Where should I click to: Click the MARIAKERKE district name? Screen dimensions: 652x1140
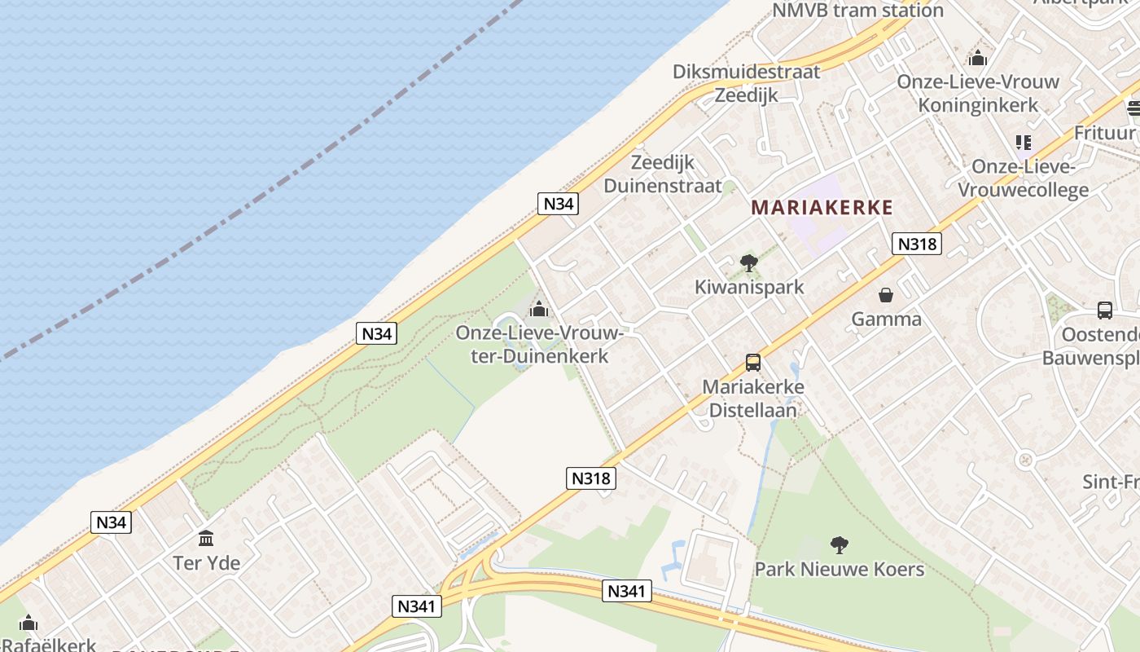pos(822,208)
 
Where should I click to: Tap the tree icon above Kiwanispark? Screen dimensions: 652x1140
pos(748,263)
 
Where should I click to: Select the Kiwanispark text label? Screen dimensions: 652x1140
pos(748,287)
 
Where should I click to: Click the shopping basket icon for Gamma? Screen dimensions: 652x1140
pos(885,295)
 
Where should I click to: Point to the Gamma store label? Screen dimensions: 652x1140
pos(886,319)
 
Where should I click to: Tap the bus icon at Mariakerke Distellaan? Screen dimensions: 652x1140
pos(753,363)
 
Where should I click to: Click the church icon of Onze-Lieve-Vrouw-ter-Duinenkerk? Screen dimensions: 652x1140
pos(538,310)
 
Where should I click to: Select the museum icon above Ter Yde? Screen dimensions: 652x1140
pos(206,539)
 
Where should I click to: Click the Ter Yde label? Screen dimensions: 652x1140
pos(206,562)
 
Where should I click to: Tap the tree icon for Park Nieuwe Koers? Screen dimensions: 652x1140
pos(839,545)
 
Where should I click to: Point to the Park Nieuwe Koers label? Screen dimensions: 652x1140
pos(839,569)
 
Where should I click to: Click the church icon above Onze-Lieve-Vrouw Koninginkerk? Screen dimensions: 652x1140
pos(978,58)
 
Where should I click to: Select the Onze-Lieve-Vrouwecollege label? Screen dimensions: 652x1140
pos(1023,178)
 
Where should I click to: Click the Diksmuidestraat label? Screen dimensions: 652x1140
pos(746,72)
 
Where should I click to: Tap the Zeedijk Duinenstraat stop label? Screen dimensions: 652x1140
pos(663,174)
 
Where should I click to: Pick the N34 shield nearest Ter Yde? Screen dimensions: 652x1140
pos(111,522)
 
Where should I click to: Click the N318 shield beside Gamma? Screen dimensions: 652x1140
pos(916,244)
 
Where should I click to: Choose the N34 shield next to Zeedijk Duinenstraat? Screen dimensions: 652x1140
pos(558,204)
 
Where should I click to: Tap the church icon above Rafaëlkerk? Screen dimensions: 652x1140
pos(28,623)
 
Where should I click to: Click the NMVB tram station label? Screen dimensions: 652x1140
pos(857,11)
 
